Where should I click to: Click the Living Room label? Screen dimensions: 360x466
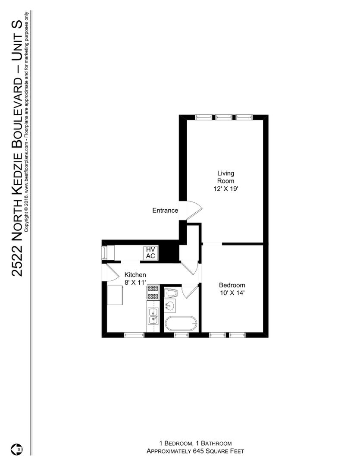[225, 177]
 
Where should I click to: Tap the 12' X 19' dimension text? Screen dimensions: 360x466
[226, 189]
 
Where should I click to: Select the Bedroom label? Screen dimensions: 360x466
[232, 285]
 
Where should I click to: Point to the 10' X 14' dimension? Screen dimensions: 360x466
[232, 293]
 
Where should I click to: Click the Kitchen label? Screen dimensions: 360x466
[135, 275]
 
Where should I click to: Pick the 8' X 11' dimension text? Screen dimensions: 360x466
[135, 283]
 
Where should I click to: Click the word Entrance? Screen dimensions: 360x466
[165, 211]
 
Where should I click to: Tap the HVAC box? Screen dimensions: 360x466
[150, 253]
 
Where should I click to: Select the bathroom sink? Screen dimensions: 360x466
[170, 306]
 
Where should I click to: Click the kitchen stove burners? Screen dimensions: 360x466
[153, 292]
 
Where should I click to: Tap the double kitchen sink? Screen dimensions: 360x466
[153, 316]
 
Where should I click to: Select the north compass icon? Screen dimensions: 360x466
[17, 449]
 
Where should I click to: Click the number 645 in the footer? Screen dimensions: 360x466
[198, 451]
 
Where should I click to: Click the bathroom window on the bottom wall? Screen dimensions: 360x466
[181, 335]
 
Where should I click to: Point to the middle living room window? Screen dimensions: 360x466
[224, 117]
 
